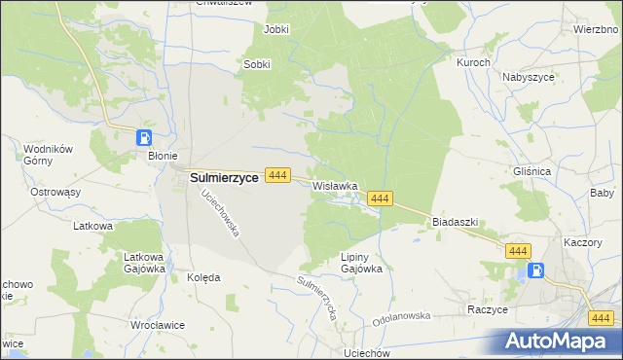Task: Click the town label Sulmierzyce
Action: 222,177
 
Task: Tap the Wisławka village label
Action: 335,185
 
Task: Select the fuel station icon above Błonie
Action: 144,138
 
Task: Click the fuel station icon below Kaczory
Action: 534,271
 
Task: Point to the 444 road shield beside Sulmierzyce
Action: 278,175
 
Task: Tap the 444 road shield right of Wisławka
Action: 380,198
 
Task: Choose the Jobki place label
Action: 276,29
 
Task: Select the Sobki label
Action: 256,65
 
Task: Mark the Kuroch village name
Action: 473,61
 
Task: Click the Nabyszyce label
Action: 529,76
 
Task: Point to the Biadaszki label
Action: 455,222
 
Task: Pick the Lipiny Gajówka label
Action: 354,263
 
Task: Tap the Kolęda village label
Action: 203,277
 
